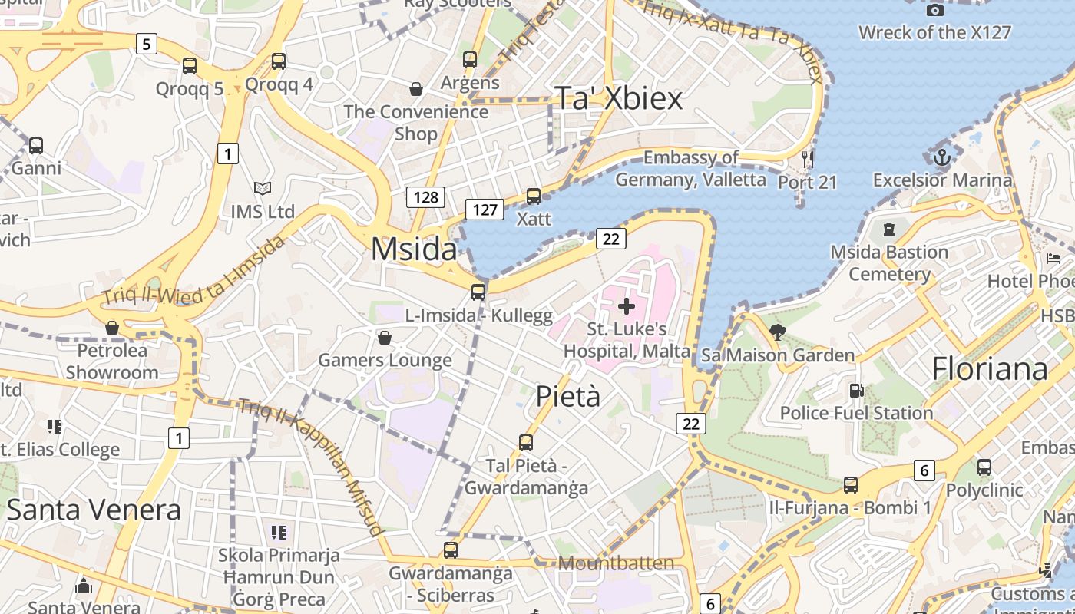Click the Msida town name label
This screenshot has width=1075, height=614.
[x=414, y=250]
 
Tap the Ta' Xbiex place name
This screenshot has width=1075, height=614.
[x=618, y=98]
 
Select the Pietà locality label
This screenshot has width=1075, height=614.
[x=567, y=396]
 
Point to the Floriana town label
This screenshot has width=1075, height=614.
[x=990, y=369]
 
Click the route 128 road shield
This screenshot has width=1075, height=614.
[x=425, y=197]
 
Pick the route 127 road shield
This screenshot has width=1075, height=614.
[x=485, y=209]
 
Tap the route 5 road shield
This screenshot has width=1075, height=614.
[x=146, y=44]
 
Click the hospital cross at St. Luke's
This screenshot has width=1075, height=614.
[x=627, y=306]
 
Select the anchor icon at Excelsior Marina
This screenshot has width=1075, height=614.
[x=942, y=158]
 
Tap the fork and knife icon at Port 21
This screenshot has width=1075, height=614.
[x=807, y=160]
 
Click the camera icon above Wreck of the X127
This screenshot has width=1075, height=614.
[x=934, y=10]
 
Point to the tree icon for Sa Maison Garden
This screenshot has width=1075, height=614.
[x=778, y=332]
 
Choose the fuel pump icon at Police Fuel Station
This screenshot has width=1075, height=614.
[x=856, y=391]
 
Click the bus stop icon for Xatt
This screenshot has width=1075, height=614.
[x=534, y=196]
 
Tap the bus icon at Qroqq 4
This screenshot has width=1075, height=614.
[x=279, y=61]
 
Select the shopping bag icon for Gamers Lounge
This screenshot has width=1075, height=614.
[x=385, y=338]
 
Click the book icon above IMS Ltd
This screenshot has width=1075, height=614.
[x=263, y=188]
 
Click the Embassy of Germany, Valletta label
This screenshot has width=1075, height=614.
[x=690, y=169]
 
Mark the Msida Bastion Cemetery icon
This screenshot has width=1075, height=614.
[x=889, y=229]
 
